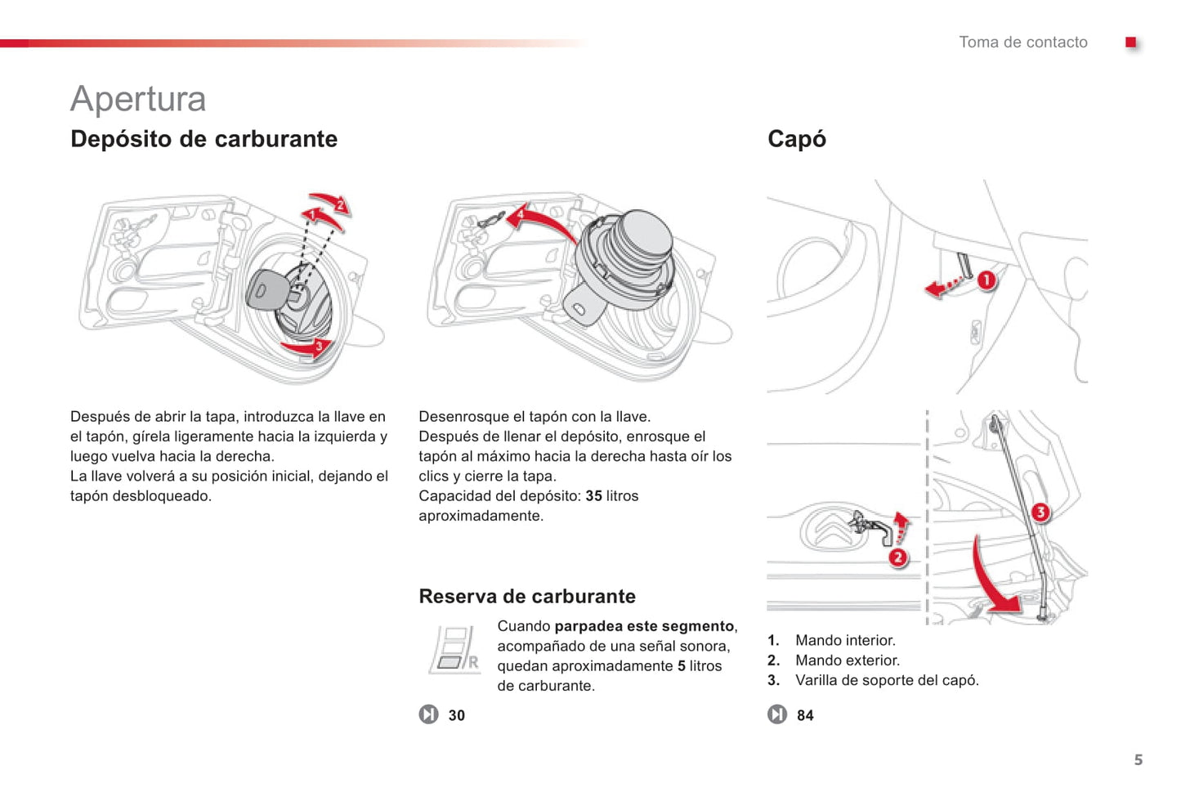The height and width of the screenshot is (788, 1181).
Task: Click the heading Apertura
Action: [x=138, y=99]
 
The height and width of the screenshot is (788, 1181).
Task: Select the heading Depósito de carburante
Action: [x=204, y=139]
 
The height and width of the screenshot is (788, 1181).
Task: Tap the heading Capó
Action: [x=796, y=139]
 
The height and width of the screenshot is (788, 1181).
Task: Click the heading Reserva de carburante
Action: [x=526, y=596]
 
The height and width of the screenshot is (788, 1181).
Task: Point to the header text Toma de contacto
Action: [x=1022, y=43]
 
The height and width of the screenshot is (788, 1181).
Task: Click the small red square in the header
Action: [x=1130, y=43]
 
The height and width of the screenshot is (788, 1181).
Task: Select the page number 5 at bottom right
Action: [x=1138, y=759]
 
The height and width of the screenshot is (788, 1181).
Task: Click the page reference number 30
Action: [x=456, y=715]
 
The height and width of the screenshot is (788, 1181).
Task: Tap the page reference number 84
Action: [x=805, y=715]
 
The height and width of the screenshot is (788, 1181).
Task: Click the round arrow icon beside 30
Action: [x=429, y=714]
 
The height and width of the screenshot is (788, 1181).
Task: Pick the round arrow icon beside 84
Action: [x=777, y=714]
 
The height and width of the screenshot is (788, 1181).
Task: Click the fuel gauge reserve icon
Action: [x=454, y=649]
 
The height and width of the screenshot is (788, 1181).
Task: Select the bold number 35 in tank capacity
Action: [x=593, y=496]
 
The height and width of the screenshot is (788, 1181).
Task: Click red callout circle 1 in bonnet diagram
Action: [x=986, y=280]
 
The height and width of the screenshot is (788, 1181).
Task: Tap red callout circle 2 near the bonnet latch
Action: [x=898, y=557]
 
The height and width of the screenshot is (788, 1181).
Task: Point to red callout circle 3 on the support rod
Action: [x=1040, y=513]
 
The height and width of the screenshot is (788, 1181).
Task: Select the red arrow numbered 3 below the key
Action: [x=306, y=347]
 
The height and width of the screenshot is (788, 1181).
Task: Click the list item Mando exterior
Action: [x=847, y=660]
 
